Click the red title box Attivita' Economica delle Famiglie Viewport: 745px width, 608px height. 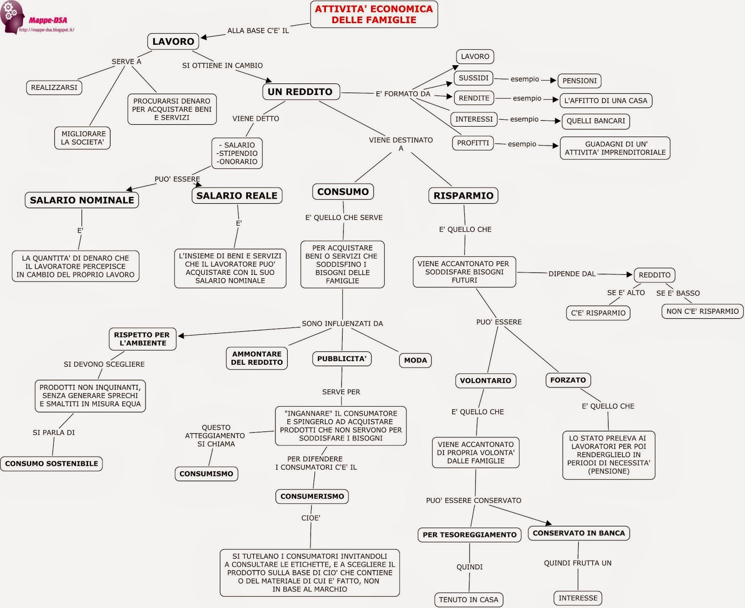pyautogui.click(x=374, y=14)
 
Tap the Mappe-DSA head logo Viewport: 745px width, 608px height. pyautogui.click(x=12, y=16)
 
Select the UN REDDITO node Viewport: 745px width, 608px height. pyautogui.click(x=300, y=92)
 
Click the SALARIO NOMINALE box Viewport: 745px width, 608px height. pyautogui.click(x=82, y=200)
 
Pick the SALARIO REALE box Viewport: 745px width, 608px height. pyautogui.click(x=237, y=196)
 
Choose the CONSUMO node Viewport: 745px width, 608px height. pyautogui.click(x=343, y=191)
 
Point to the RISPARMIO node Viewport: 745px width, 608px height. pyautogui.click(x=463, y=196)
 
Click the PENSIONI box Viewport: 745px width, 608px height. pyautogui.click(x=579, y=81)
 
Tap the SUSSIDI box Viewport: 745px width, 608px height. pyautogui.click(x=474, y=78)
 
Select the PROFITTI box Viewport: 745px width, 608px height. pyautogui.click(x=473, y=143)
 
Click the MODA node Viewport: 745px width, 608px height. pyautogui.click(x=415, y=360)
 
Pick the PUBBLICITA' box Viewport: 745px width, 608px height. pyautogui.click(x=342, y=359)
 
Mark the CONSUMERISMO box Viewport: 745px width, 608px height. pyautogui.click(x=312, y=497)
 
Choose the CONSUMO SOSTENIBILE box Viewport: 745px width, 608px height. pyautogui.click(x=52, y=464)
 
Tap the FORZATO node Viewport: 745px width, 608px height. pyautogui.click(x=568, y=380)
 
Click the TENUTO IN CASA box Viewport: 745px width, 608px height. pyautogui.click(x=468, y=600)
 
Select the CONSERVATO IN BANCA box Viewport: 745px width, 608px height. pyautogui.click(x=579, y=533)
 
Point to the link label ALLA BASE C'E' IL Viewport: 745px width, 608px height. pyautogui.click(x=258, y=31)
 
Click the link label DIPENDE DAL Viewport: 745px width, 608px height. pyautogui.click(x=572, y=274)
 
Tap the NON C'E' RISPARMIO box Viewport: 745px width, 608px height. pyautogui.click(x=702, y=311)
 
